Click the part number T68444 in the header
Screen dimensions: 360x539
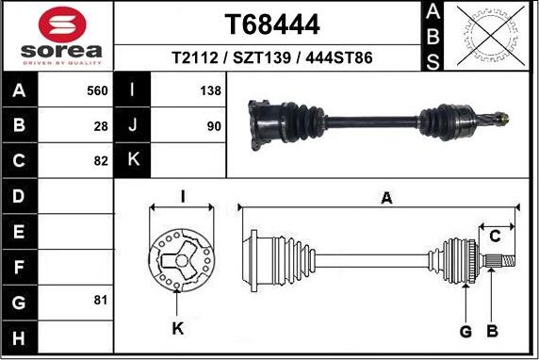(x=272, y=25)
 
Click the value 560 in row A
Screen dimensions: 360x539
(x=97, y=91)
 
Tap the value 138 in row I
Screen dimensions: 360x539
(x=210, y=91)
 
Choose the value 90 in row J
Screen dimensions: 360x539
(x=214, y=125)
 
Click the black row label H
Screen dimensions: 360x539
(x=20, y=335)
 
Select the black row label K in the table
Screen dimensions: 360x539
(x=133, y=160)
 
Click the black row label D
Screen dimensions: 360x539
(x=20, y=196)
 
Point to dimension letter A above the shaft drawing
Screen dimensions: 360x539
(x=384, y=197)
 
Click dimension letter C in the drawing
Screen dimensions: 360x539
(x=494, y=237)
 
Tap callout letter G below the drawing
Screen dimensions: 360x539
(x=465, y=331)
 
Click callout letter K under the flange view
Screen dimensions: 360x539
(x=178, y=329)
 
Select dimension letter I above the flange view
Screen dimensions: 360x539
(x=183, y=196)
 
